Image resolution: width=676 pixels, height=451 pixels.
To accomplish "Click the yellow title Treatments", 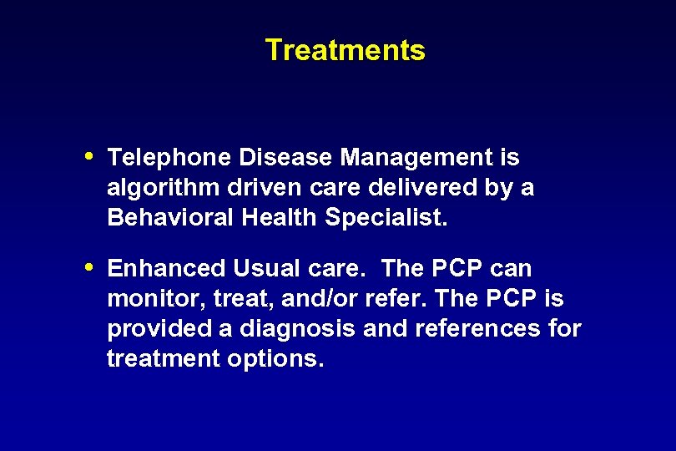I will click(345, 50).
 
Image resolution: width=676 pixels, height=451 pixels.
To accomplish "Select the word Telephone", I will click(169, 157).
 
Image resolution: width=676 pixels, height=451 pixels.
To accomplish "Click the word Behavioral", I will click(171, 218).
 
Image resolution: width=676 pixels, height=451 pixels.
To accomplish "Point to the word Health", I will click(280, 218).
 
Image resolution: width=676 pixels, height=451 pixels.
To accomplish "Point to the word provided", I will click(159, 329).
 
